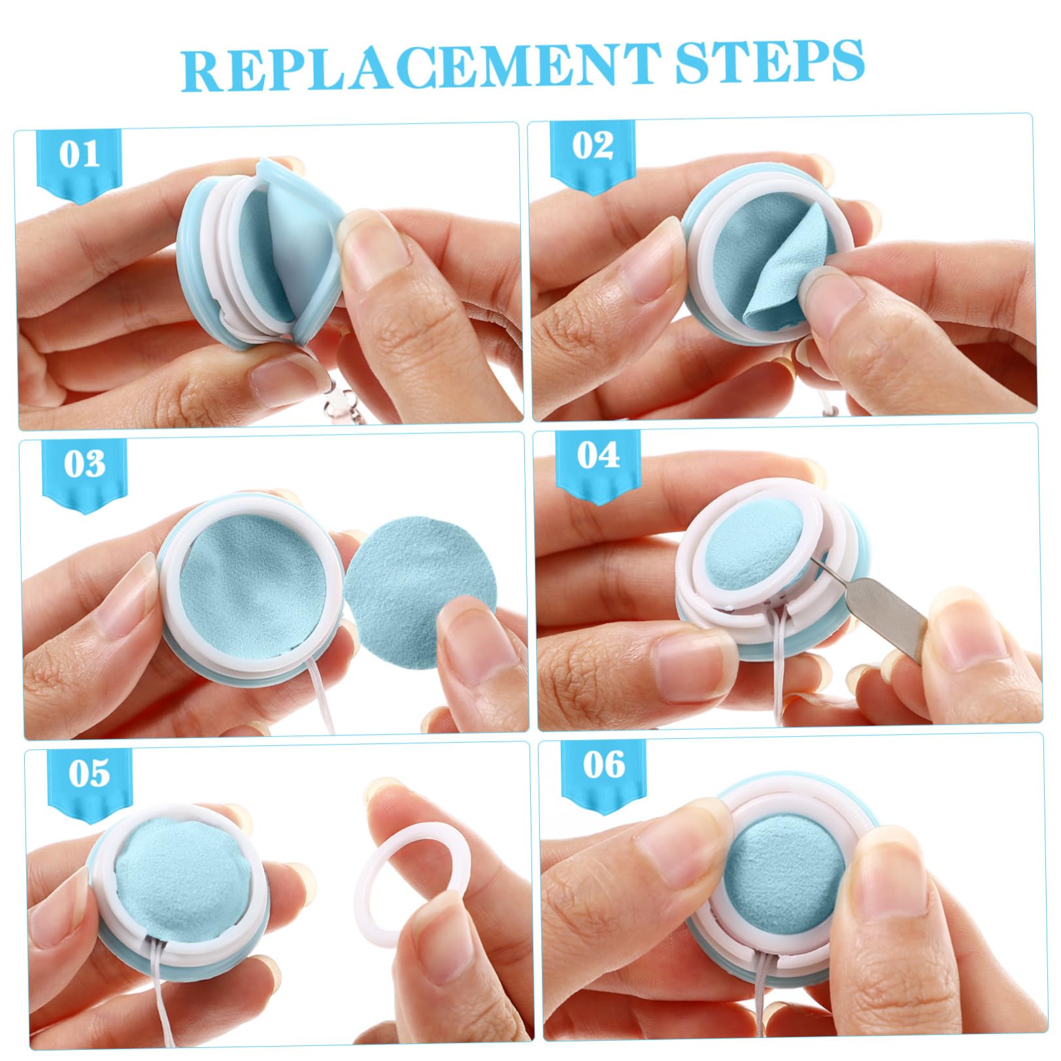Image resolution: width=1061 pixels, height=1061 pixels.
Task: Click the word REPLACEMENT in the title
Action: [420, 67]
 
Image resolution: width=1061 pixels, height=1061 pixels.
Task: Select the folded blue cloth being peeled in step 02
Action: [784, 268]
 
